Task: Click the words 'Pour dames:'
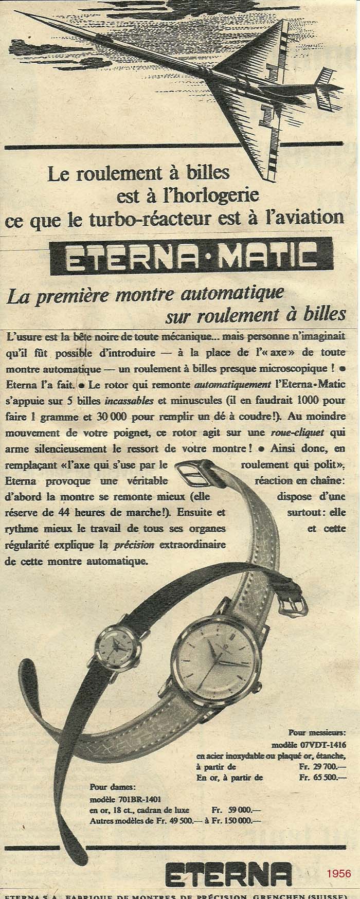106,787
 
